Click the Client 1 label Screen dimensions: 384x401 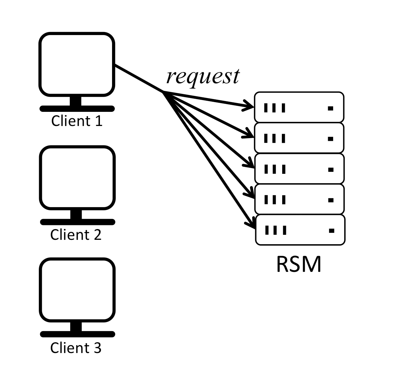click(x=77, y=121)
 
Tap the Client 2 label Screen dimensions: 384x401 click(x=76, y=234)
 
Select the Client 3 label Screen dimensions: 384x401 click(x=76, y=348)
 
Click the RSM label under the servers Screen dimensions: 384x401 click(x=299, y=264)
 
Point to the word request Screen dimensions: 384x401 click(x=203, y=76)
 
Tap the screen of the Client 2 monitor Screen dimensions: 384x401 click(x=77, y=178)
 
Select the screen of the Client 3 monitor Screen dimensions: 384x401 click(x=77, y=290)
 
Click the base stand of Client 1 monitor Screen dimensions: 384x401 click(x=77, y=108)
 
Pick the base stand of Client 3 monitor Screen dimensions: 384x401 click(x=77, y=334)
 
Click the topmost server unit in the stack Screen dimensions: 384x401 click(x=299, y=107)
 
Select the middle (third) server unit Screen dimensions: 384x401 click(x=299, y=169)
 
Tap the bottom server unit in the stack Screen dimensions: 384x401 click(x=300, y=230)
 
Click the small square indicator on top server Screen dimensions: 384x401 click(x=330, y=108)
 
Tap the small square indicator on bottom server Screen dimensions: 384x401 click(x=331, y=231)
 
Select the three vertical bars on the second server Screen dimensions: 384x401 click(x=274, y=138)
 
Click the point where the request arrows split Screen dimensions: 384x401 click(x=163, y=92)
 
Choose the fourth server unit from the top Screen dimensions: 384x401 click(x=299, y=199)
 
